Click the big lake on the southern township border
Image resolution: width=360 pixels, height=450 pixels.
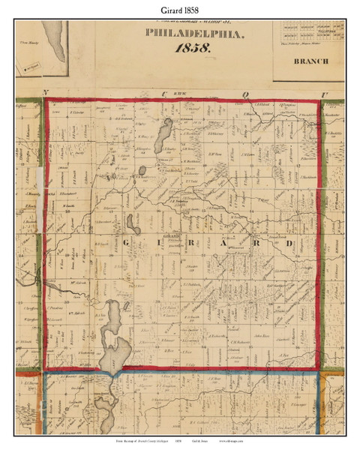[113, 333]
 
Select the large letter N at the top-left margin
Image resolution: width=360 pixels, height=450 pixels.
[46, 93]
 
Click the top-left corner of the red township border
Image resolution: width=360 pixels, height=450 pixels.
[47, 100]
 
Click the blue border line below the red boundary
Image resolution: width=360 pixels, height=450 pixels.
[187, 373]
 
